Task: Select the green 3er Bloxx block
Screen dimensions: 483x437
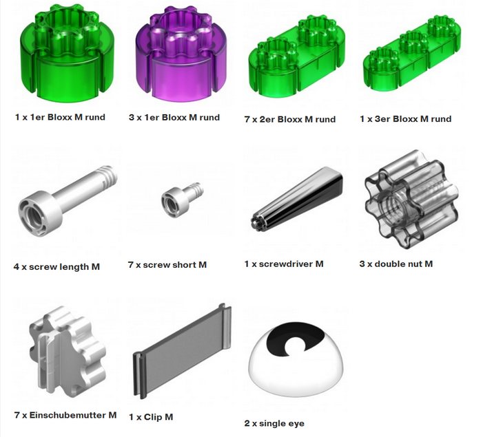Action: [412, 54]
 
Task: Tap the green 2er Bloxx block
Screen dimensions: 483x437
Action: [297, 57]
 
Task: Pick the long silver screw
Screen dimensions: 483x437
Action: [66, 200]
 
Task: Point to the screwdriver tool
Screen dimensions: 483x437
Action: [297, 198]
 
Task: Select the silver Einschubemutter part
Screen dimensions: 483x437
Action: [68, 351]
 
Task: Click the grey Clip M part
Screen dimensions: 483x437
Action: [182, 351]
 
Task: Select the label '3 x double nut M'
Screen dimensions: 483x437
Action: [395, 264]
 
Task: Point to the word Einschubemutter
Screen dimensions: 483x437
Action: [68, 415]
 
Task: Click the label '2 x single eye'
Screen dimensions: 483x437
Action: [274, 423]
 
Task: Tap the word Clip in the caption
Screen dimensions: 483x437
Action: [153, 417]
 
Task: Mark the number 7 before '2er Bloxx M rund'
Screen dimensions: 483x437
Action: [247, 120]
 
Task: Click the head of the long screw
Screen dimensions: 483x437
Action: [40, 213]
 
